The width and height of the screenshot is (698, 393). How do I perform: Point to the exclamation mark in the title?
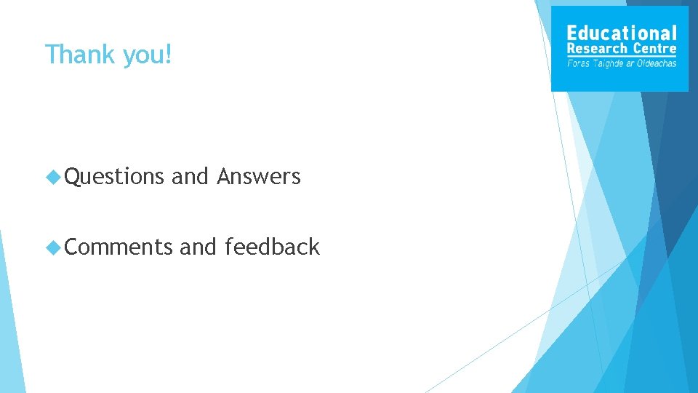click(169, 54)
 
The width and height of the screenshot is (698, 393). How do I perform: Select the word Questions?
click(115, 177)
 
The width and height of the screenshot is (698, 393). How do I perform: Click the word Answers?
click(258, 176)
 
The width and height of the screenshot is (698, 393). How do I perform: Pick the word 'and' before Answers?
click(190, 176)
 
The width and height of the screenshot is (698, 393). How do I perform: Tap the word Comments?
click(119, 247)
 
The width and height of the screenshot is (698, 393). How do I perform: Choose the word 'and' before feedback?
click(198, 247)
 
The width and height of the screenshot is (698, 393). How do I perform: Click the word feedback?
click(272, 247)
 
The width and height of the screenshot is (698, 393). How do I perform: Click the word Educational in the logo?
click(621, 33)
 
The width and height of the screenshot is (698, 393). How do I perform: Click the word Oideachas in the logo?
click(657, 63)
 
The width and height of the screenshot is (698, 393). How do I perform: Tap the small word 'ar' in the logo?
click(630, 64)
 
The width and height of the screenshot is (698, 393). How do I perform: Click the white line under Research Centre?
click(621, 56)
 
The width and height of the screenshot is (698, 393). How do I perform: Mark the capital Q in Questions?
click(71, 177)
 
